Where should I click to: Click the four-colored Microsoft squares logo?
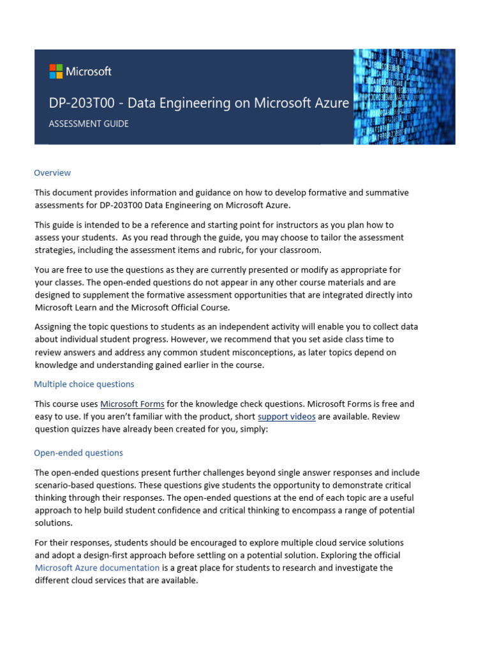tap(56, 72)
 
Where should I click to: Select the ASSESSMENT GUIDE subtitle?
tap(89, 123)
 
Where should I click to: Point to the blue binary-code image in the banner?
tap(405, 96)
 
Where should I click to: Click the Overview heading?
tap(52, 172)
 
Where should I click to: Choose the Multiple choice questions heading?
tap(84, 384)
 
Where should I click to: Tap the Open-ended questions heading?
tap(78, 453)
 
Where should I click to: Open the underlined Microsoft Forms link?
tap(133, 404)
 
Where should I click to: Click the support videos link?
tap(286, 416)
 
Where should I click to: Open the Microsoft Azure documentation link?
tap(97, 568)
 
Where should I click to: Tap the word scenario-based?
tap(66, 485)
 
